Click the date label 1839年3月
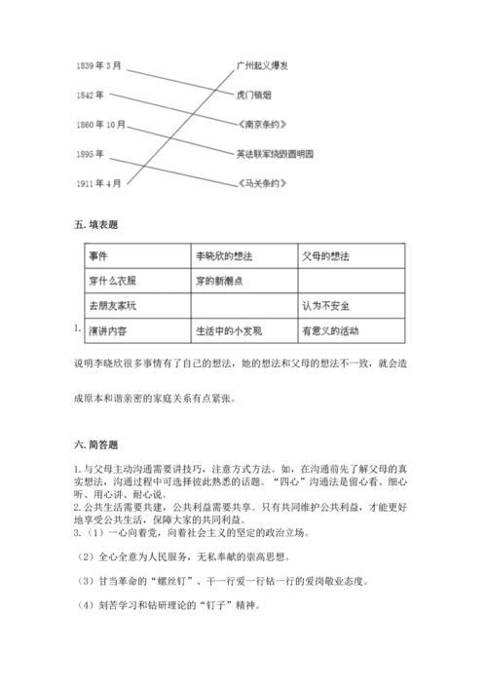pos(98,65)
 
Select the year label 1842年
pos(91,95)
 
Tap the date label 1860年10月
pos(101,124)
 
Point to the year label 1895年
pos(91,153)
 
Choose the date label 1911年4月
pos(98,182)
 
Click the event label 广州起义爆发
pos(262,65)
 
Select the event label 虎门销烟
pos(254,95)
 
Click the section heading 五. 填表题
pos(95,225)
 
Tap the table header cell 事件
pos(98,255)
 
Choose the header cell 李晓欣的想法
pos(221,255)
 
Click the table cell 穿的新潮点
pos(217,281)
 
